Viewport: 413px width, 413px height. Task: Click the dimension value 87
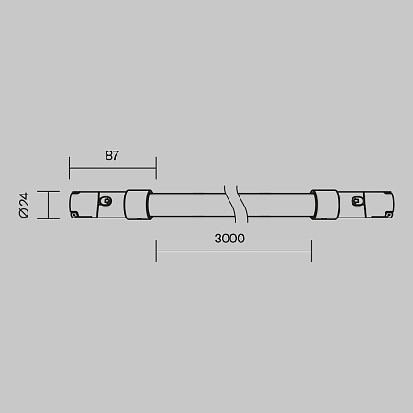[x=112, y=155]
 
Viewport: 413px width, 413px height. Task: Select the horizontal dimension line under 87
[x=112, y=168]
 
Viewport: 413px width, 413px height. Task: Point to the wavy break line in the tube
[x=235, y=204]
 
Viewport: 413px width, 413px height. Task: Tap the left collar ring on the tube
[x=138, y=204]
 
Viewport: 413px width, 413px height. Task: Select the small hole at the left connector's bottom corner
[x=75, y=213]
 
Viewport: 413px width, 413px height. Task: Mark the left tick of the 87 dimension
[x=70, y=168]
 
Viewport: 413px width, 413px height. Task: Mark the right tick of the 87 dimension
[x=155, y=168]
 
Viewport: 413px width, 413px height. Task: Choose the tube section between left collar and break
[x=187, y=204]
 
